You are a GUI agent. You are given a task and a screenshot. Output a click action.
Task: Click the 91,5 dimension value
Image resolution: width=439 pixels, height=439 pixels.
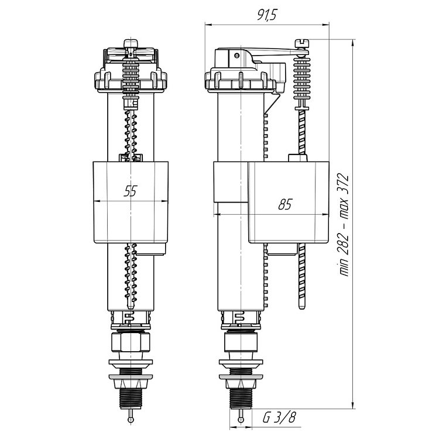(267, 14)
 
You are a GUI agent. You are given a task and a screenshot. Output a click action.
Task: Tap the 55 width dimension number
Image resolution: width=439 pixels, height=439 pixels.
(131, 191)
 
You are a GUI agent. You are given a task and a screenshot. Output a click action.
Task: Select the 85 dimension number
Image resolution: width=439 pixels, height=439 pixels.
(285, 204)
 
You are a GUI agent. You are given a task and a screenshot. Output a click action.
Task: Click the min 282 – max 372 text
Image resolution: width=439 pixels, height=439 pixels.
(344, 225)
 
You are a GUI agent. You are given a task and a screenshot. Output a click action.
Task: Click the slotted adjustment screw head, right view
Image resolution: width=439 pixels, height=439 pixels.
(302, 43)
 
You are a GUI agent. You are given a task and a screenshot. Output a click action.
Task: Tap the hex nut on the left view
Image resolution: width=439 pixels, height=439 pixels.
(131, 341)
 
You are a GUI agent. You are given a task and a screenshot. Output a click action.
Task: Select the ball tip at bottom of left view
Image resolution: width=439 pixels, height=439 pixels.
(131, 419)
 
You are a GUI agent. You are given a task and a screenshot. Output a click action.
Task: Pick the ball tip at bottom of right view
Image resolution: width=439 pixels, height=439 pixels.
(241, 419)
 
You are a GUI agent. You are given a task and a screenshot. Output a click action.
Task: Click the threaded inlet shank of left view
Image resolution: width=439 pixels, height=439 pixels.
(131, 397)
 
